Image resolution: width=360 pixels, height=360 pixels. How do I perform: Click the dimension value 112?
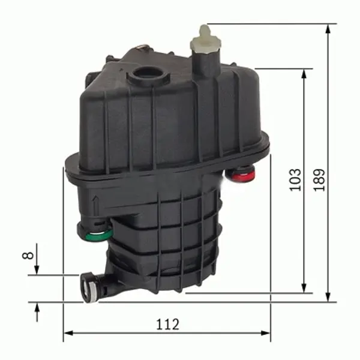(x=168, y=324)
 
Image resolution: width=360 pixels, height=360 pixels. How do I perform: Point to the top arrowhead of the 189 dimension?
(x=328, y=29)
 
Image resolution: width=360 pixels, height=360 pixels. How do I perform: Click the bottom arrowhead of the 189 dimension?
(x=328, y=297)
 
